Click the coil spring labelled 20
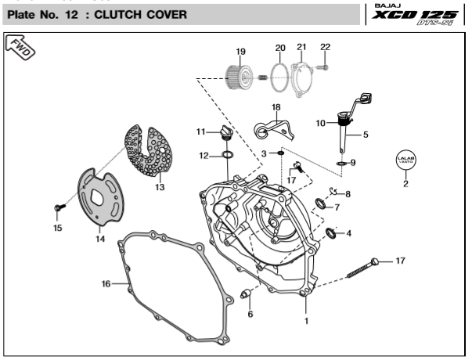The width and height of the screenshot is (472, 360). pos(276,75)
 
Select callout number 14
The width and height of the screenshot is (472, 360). pos(100,239)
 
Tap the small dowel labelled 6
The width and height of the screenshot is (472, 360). pos(244,294)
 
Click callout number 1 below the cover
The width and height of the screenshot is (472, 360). pos(306,320)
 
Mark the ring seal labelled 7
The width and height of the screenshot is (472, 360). pos(321,204)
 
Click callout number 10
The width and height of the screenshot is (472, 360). pos(321,123)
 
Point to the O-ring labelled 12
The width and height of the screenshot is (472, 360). pos(227,156)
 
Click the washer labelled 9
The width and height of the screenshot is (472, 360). pos(342,163)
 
